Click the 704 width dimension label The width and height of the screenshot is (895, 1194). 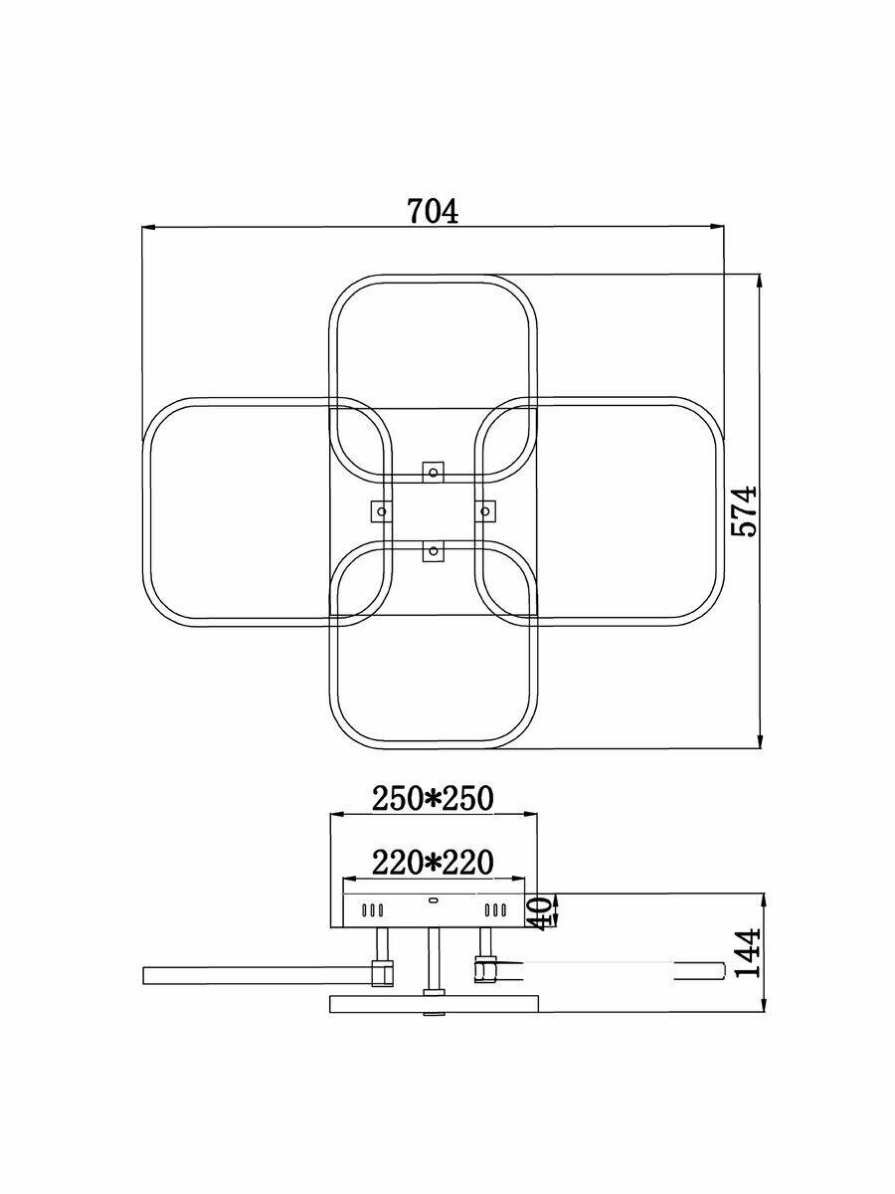pos(434,211)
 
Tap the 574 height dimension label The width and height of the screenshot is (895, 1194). pos(744,510)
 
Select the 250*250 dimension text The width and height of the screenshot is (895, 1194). pos(433,797)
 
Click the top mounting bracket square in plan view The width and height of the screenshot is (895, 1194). pos(433,472)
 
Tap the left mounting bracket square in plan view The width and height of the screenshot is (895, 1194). pos(381,511)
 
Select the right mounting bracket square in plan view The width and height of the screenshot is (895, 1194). pos(484,510)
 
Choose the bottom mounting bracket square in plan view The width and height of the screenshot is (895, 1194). pos(433,550)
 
